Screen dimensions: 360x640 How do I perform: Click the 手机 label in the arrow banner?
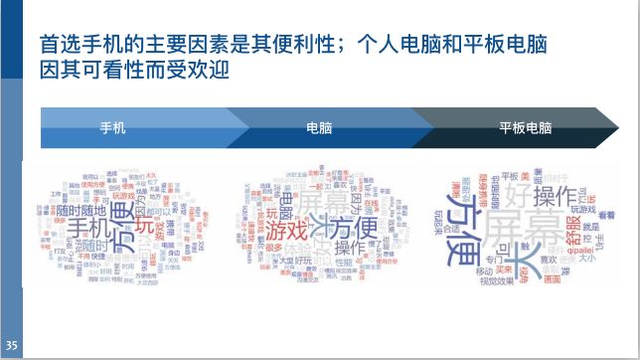113,128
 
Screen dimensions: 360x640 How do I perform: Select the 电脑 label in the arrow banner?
319,128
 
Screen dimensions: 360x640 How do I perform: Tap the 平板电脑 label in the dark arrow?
525,128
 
